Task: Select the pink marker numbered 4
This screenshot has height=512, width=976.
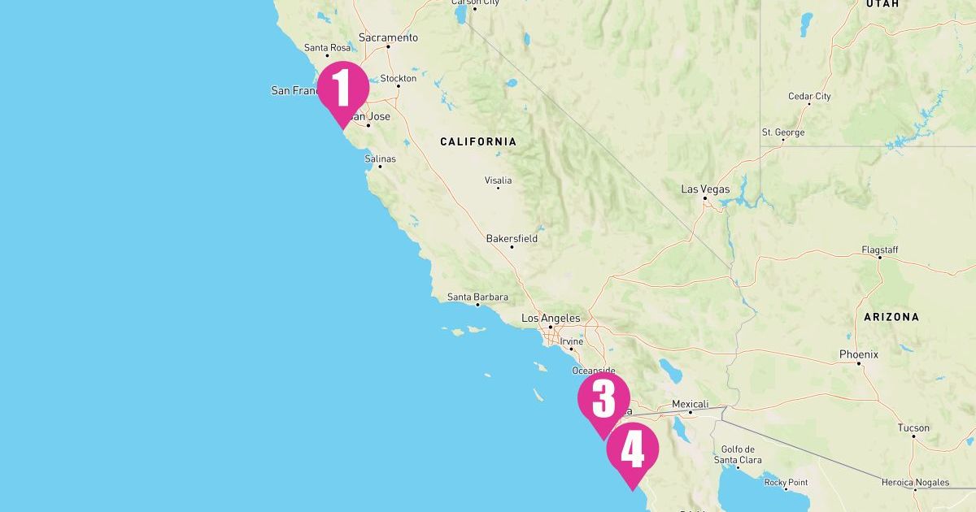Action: [x=632, y=451]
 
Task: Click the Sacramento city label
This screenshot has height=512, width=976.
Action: [x=388, y=37]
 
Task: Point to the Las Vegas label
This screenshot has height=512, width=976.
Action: [x=705, y=189]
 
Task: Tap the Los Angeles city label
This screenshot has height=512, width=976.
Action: [x=551, y=318]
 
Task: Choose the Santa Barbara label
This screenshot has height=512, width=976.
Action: [x=477, y=297]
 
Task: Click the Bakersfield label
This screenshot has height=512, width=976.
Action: [x=512, y=239]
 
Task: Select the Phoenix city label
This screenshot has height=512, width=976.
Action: [x=859, y=354]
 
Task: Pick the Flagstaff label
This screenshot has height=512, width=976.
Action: [x=880, y=249]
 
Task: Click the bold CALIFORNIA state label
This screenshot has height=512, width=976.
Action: [x=478, y=141]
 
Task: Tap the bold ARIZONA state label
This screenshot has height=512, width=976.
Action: [x=891, y=317]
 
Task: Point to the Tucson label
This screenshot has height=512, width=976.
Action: [x=913, y=427]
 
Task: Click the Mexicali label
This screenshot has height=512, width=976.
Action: [x=691, y=404]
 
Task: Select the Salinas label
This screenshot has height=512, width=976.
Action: [x=381, y=158]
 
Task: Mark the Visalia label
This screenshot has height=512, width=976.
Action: [x=498, y=180]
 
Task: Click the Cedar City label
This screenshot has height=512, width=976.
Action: [x=809, y=96]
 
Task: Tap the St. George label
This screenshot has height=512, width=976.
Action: [x=783, y=132]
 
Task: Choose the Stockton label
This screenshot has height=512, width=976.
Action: [x=399, y=79]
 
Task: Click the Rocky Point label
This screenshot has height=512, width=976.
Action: [x=786, y=482]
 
